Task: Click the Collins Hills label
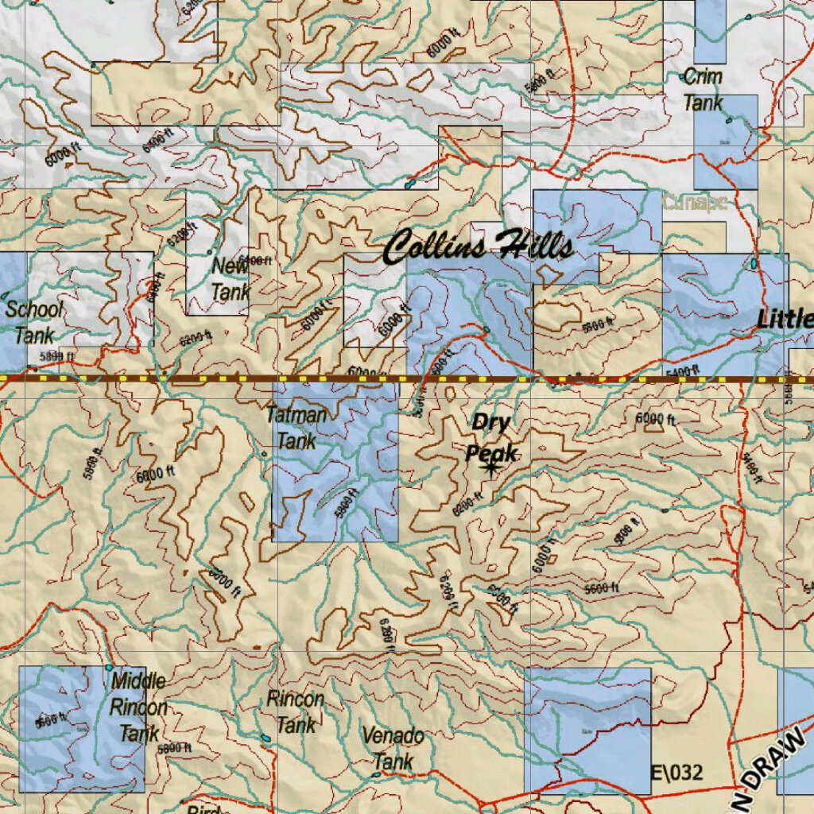[x=478, y=246]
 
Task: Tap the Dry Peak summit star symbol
[x=490, y=468]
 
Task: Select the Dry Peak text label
[x=490, y=436]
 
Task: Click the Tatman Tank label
[x=297, y=428]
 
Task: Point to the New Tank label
[x=230, y=279]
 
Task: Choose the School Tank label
[x=34, y=322]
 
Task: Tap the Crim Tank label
[x=704, y=90]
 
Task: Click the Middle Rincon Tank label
[x=139, y=706]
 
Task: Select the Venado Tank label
[x=393, y=748]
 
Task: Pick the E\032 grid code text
[x=676, y=772]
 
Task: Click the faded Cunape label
[x=694, y=202]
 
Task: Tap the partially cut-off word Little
[x=785, y=320]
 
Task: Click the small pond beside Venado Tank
[x=375, y=773]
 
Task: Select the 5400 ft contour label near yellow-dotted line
[x=684, y=370]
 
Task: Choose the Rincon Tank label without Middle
[x=296, y=712]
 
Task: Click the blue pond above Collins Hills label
[x=410, y=184]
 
